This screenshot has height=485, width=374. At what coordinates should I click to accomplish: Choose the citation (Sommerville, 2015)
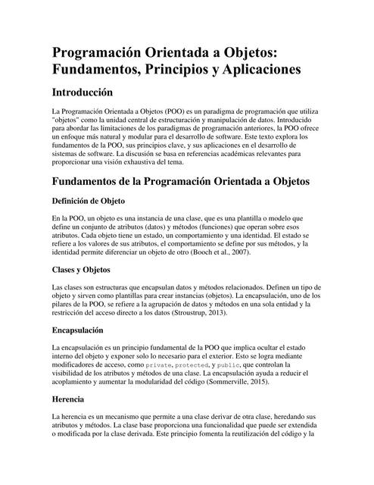[275, 387]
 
